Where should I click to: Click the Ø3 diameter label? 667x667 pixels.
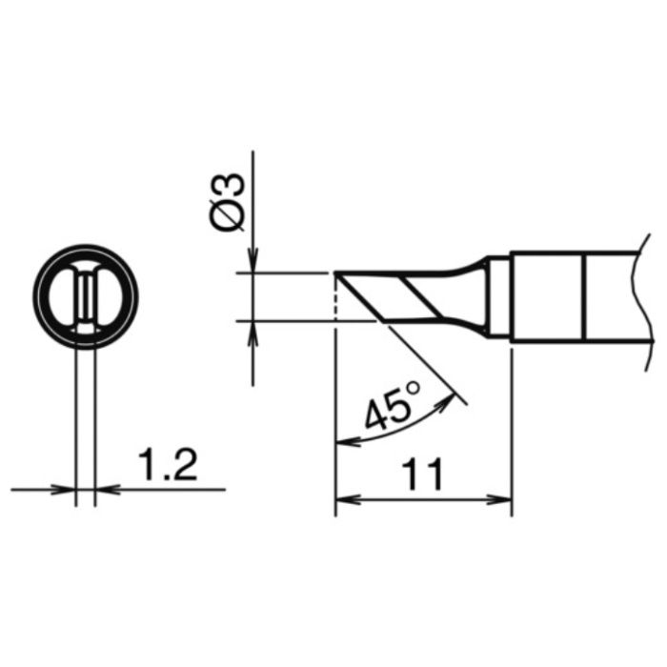pos(229,203)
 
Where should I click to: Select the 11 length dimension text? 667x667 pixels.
pos(423,474)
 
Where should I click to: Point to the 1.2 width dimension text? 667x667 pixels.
pos(168,465)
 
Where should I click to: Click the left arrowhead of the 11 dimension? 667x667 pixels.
pos(348,499)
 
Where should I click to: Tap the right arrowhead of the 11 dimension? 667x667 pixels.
pos(499,499)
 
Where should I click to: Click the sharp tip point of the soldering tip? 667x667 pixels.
pos(335,273)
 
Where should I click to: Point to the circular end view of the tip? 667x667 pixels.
pos(85,296)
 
